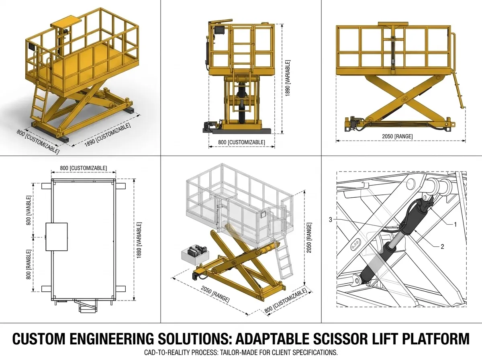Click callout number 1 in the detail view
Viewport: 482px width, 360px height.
click(455, 224)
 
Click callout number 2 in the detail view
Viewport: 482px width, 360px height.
click(442, 246)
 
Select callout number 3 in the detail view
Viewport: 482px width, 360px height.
click(331, 219)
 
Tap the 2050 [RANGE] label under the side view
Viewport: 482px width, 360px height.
click(397, 136)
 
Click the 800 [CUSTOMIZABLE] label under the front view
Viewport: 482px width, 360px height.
click(241, 142)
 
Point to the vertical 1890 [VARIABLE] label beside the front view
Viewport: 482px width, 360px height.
click(288, 78)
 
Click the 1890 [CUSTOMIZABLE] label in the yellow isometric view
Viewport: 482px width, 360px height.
click(108, 135)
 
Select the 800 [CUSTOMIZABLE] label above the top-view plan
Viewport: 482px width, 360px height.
click(84, 168)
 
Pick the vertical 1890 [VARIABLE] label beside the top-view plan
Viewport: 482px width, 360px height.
click(139, 240)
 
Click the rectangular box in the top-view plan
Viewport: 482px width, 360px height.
click(57, 237)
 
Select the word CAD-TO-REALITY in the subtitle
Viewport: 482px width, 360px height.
click(167, 352)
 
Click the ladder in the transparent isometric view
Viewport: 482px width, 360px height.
click(284, 259)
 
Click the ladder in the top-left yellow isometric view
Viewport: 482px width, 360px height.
click(41, 103)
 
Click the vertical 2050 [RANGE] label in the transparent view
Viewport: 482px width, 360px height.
click(309, 238)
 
